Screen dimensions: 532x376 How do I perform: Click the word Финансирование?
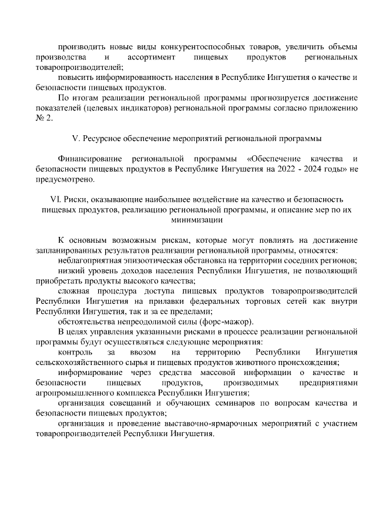(90, 159)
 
